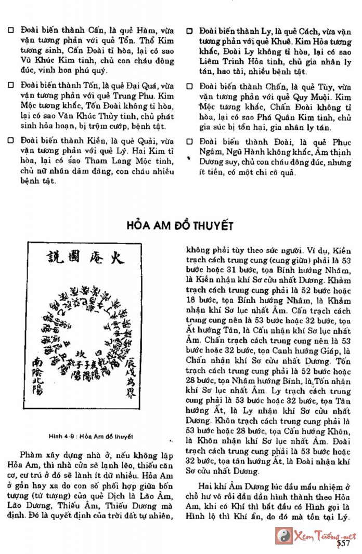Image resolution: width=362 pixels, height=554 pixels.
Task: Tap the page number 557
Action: pos(343,543)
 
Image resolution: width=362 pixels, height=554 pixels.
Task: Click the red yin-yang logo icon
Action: pos(283,535)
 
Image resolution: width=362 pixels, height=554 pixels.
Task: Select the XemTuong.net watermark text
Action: pos(326,535)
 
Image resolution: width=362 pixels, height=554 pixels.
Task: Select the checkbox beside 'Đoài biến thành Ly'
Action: pos(190,31)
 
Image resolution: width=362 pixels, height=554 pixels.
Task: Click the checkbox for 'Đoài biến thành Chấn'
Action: pos(190,85)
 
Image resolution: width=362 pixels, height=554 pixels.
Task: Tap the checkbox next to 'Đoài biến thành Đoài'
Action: pos(190,140)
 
